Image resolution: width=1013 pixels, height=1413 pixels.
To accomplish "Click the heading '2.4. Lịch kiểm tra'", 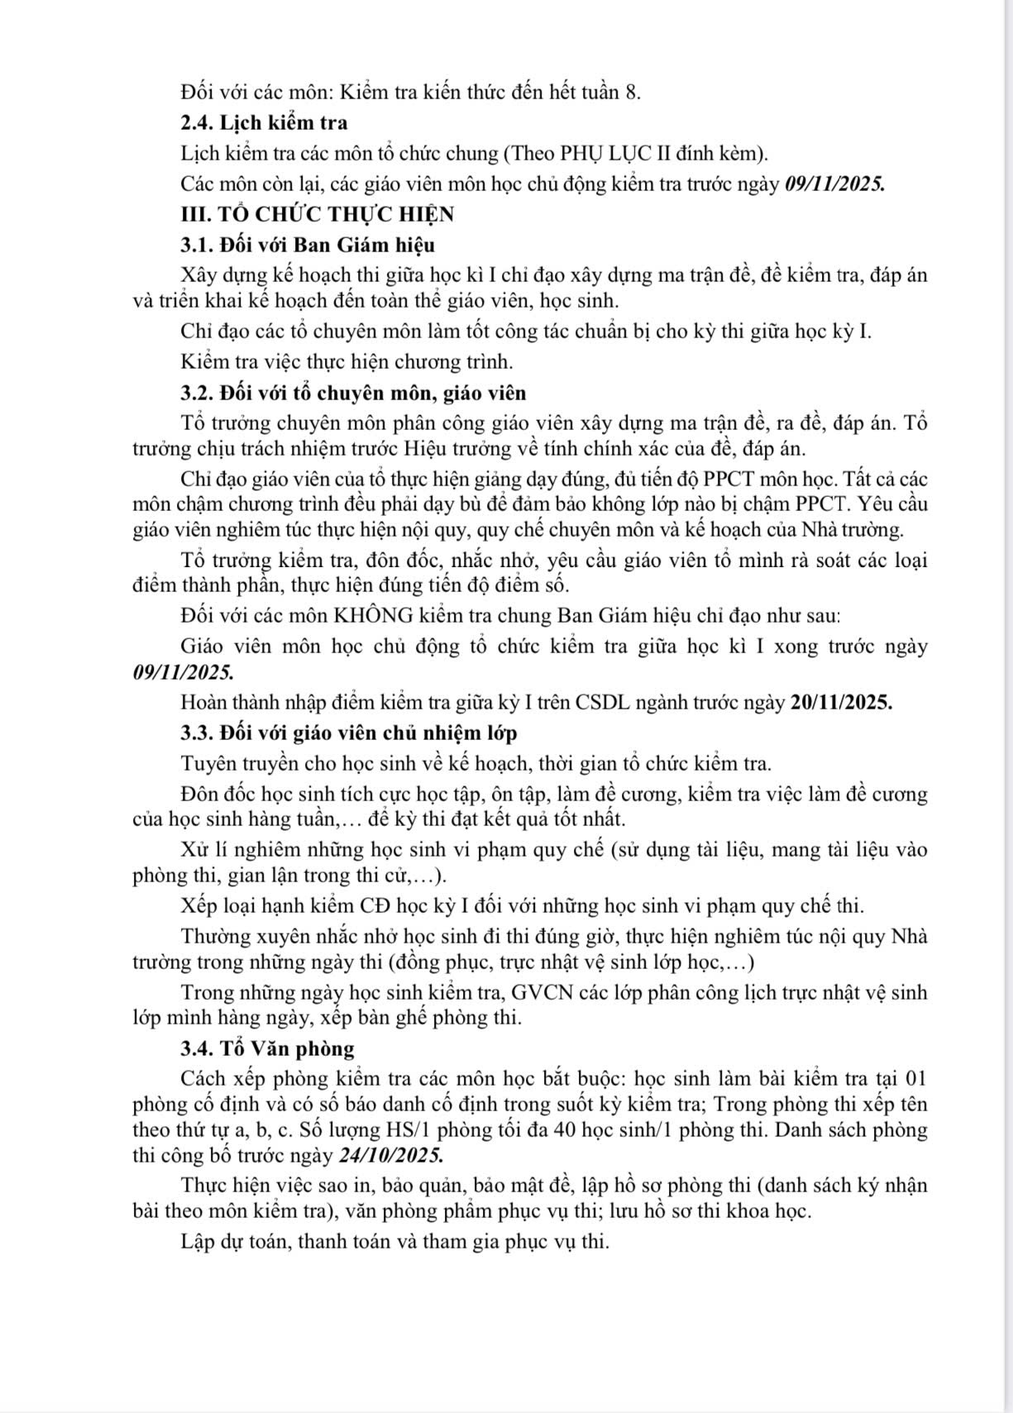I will tap(264, 123).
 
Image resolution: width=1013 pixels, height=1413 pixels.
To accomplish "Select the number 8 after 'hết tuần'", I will tap(632, 93).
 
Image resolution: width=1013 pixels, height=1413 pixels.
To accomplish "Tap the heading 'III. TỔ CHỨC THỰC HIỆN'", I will tap(318, 214).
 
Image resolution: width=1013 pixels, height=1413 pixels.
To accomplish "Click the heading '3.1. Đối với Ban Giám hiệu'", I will tap(307, 246).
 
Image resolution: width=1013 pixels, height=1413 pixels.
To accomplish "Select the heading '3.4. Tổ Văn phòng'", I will tap(267, 1049).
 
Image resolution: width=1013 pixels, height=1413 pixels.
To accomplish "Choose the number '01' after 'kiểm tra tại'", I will tap(914, 1079).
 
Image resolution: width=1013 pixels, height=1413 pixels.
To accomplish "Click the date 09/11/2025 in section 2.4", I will tap(833, 184).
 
